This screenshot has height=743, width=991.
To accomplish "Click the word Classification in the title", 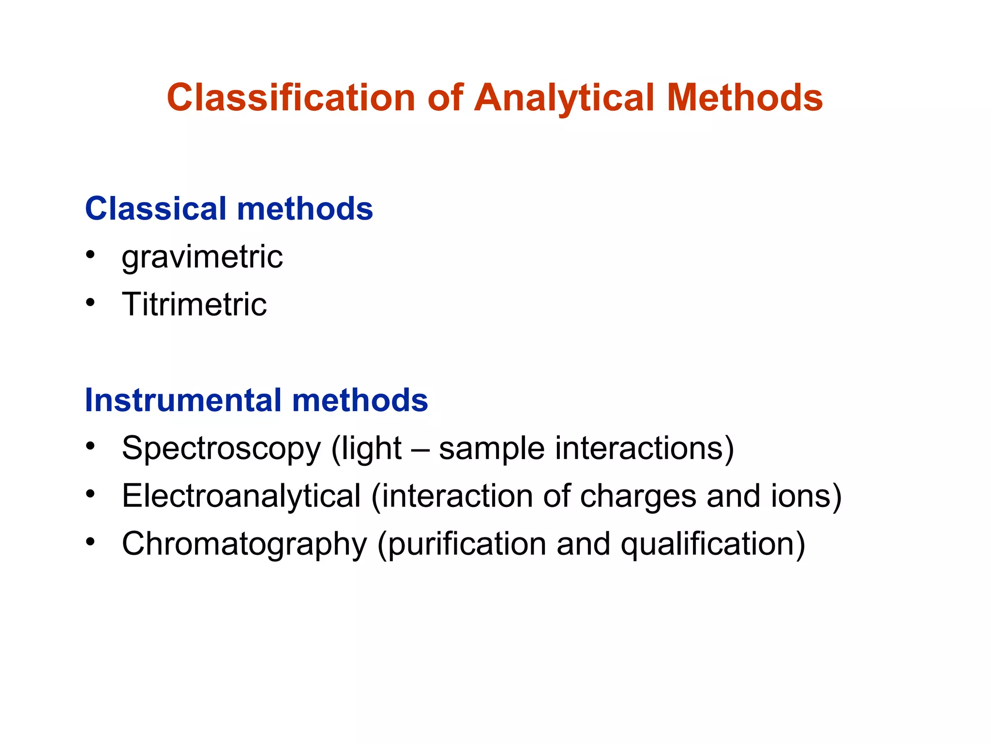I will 291,98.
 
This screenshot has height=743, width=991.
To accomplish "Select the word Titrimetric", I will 194,304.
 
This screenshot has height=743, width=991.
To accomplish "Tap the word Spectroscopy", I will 221,449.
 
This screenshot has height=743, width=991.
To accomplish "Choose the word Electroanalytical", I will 241,496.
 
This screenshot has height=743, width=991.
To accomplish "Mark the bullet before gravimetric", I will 90,254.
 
